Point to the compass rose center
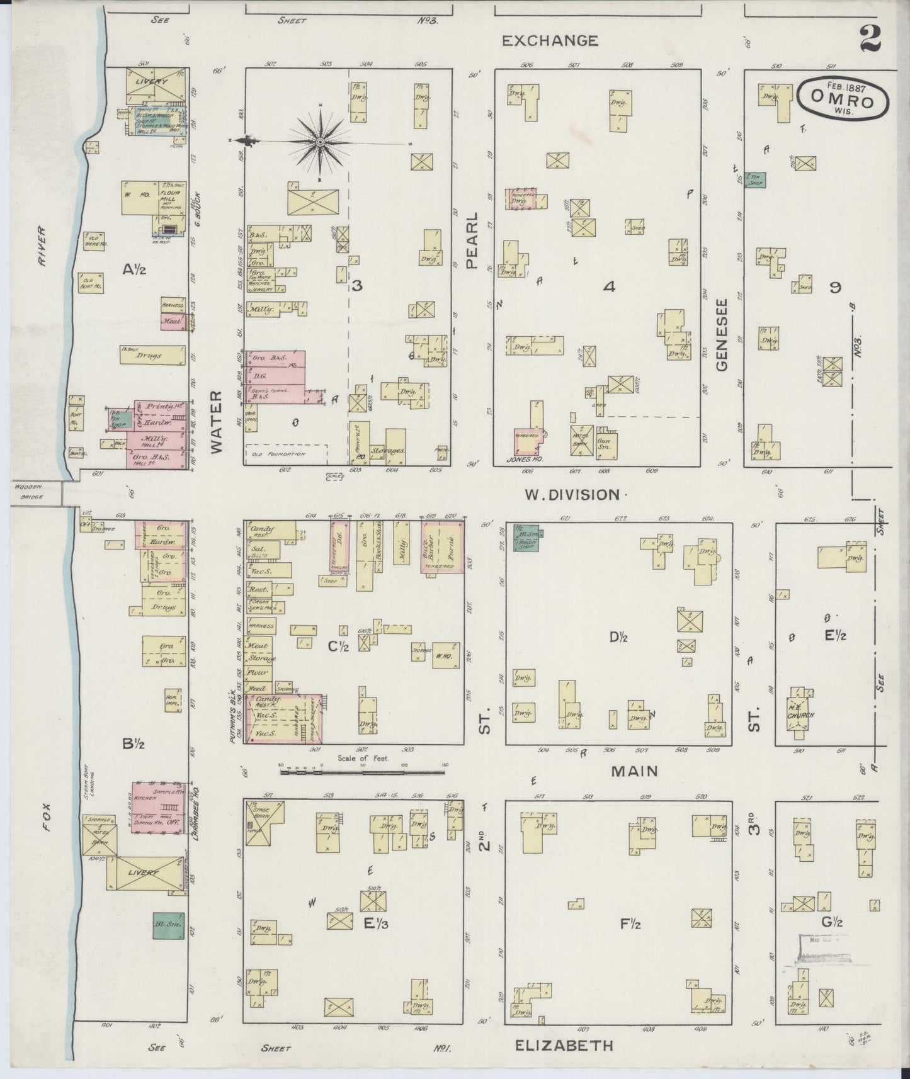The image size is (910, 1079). coord(321,143)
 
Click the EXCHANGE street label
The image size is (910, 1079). coord(550,41)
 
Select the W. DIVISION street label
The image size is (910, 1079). coord(572,495)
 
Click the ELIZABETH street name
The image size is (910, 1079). coord(564,1046)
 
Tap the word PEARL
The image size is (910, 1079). coord(473,240)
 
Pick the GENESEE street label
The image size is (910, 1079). coord(722,334)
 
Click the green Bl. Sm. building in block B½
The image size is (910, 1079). coord(169,926)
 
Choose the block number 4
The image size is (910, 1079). coord(608,287)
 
